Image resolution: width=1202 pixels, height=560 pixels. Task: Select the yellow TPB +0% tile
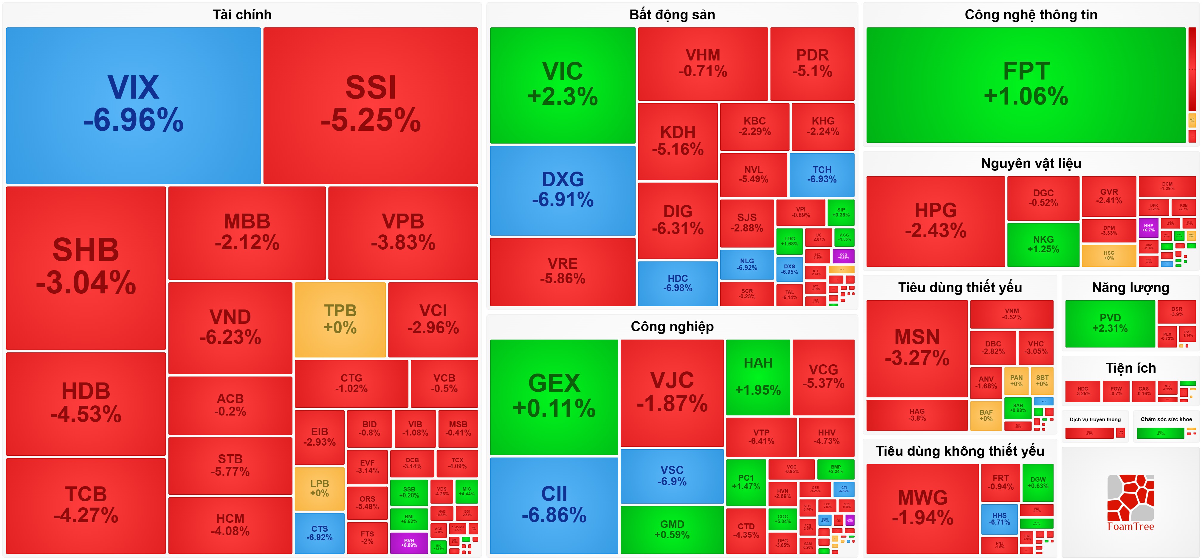(340, 319)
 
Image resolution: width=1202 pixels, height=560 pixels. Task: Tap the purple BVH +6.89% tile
(409, 543)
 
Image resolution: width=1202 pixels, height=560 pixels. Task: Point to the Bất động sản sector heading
(672, 15)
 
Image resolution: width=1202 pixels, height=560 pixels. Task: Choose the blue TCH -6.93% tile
(822, 174)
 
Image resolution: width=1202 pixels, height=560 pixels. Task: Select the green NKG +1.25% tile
(1043, 244)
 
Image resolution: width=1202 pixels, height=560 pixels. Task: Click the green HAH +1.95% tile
(758, 377)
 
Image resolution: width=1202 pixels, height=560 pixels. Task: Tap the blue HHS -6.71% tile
(999, 519)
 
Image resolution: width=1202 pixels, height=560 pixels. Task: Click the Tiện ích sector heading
(1131, 368)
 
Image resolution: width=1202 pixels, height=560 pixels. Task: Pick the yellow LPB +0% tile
(320, 488)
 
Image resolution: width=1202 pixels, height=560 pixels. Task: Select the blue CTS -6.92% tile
(320, 533)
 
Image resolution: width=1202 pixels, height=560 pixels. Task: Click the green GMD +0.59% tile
(672, 530)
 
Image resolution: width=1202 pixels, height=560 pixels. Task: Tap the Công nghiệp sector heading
(672, 326)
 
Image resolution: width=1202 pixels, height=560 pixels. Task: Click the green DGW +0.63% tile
(1038, 483)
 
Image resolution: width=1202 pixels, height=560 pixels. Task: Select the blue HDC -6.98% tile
(678, 283)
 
